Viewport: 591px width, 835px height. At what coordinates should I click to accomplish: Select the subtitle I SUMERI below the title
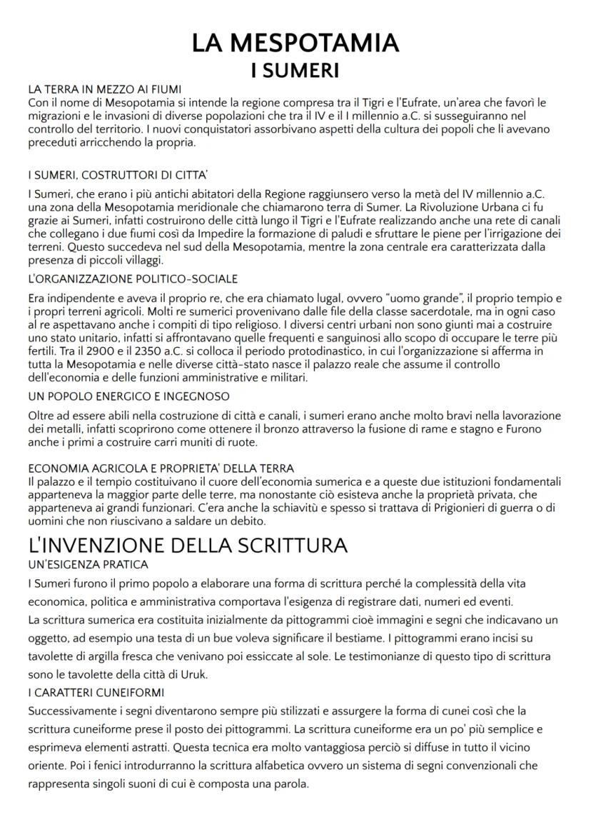pyautogui.click(x=295, y=71)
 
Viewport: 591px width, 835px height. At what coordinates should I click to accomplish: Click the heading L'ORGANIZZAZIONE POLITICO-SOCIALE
pyautogui.click(x=133, y=278)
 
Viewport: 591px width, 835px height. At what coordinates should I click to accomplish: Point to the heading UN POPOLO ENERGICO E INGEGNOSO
pyautogui.click(x=128, y=396)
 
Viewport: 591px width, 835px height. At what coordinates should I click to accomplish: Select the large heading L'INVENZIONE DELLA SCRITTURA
pyautogui.click(x=187, y=546)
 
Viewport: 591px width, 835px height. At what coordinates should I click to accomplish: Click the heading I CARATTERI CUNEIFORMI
pyautogui.click(x=96, y=693)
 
